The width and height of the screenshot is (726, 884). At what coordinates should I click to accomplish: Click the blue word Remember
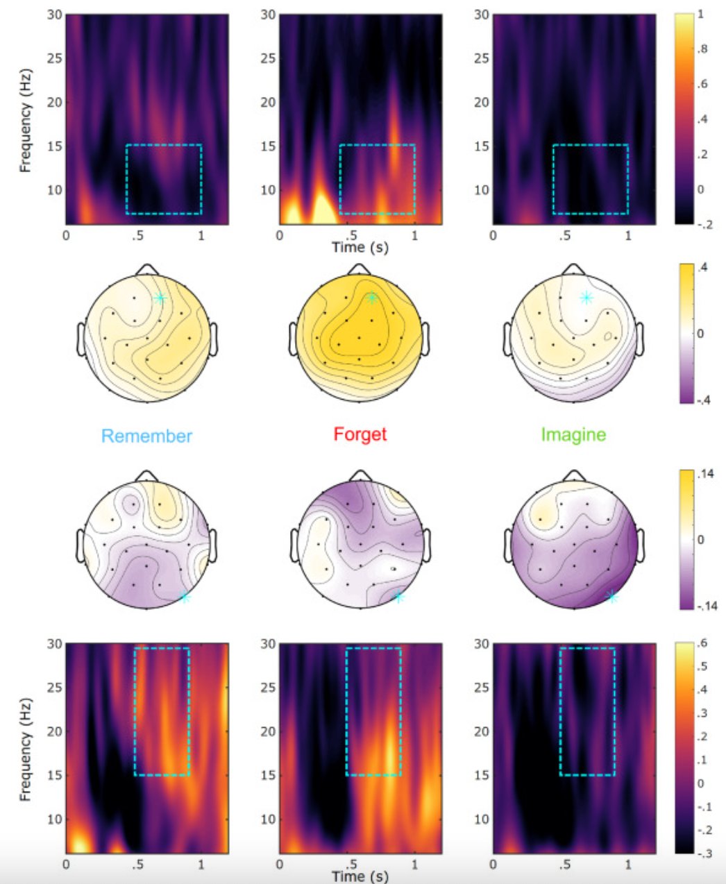point(146,436)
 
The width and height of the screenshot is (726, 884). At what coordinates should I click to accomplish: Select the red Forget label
point(360,434)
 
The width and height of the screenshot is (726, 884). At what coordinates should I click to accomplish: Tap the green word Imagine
point(573,435)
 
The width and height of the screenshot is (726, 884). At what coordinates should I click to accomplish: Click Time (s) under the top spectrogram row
point(358,247)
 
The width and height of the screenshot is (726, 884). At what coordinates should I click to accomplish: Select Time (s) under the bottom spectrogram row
point(358,876)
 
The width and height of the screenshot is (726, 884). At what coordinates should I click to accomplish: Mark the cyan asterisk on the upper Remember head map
point(160,298)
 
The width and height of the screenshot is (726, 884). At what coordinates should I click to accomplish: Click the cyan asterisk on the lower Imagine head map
point(611,597)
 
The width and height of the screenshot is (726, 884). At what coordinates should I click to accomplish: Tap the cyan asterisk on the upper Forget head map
point(372,298)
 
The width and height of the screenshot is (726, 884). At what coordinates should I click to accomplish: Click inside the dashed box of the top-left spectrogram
point(164,179)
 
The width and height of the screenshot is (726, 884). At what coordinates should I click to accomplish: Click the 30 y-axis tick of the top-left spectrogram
point(53,15)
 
